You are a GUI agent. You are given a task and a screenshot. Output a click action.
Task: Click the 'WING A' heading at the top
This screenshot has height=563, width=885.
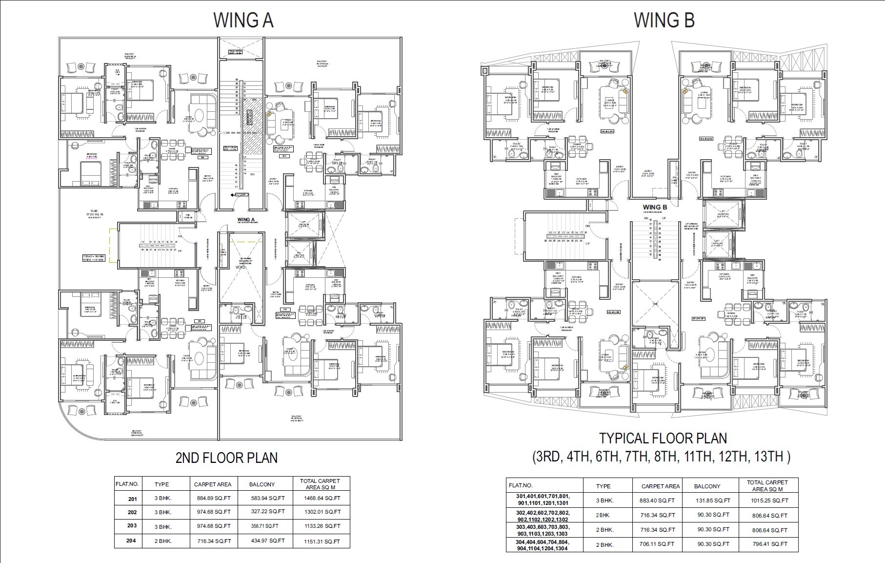(243, 21)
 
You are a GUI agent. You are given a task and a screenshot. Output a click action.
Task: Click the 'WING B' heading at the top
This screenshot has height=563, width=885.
(664, 21)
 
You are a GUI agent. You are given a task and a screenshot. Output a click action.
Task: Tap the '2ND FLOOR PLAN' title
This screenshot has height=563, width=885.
(226, 458)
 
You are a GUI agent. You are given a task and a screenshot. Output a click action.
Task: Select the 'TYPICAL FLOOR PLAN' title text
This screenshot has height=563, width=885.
(663, 438)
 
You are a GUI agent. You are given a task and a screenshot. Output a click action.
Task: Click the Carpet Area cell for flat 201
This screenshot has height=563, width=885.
(214, 499)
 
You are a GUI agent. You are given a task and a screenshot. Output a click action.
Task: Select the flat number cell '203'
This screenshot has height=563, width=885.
(132, 526)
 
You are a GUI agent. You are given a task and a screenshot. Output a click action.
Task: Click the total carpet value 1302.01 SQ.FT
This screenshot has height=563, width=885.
(322, 512)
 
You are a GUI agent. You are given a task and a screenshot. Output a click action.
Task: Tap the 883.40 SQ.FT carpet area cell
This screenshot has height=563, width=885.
(657, 500)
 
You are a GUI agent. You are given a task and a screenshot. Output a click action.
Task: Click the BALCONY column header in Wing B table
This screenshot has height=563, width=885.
(707, 486)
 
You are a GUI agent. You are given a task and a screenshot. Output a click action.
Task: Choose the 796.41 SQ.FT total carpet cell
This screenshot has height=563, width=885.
(770, 544)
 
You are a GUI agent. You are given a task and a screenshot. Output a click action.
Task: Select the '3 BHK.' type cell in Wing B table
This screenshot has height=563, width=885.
(605, 500)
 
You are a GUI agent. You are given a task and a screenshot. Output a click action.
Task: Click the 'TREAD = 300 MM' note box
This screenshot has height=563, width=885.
(93, 258)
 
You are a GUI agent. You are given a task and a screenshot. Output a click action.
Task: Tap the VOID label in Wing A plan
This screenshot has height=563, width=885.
(241, 268)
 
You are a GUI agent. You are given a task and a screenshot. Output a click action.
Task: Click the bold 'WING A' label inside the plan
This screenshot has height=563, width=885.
(246, 220)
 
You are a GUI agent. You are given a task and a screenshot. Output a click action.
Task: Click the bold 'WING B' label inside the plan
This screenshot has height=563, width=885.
(654, 207)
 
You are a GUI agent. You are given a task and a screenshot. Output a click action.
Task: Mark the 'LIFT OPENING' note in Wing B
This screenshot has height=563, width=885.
(691, 226)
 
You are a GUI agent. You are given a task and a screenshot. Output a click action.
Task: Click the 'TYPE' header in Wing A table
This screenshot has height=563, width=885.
(161, 484)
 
